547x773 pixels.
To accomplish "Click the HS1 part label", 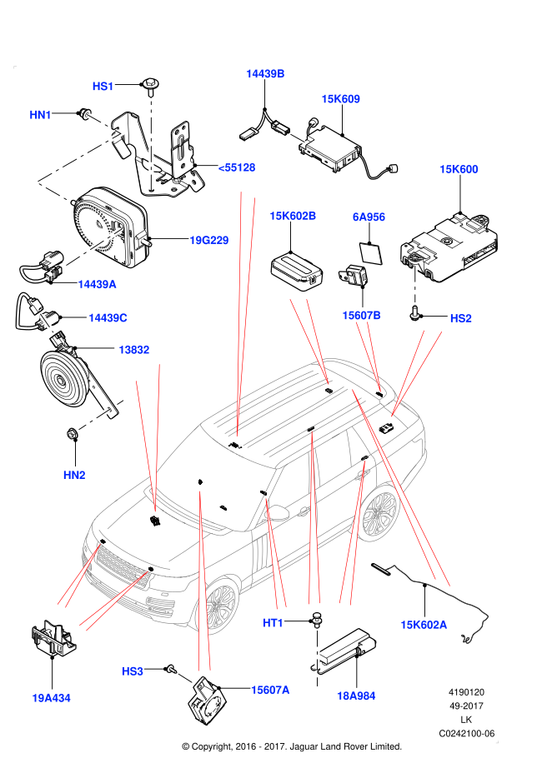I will tap(103, 87).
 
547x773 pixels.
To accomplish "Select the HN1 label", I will tap(40, 115).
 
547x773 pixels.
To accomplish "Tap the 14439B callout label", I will tap(265, 74).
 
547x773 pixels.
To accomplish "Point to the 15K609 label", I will tap(340, 99).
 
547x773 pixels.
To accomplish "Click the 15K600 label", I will tap(459, 169).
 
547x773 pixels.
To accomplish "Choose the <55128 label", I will tap(237, 167).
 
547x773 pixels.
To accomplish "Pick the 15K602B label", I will tap(293, 216).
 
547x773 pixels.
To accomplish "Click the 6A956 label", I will tap(369, 217).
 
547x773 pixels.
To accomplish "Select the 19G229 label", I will tap(208, 241).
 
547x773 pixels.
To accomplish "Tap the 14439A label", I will tap(97, 284).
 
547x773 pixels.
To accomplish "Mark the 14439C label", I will tap(108, 317).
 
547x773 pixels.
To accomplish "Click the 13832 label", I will tap(133, 350).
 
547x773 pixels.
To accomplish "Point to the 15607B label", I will tap(361, 316).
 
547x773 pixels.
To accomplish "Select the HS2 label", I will tap(461, 318).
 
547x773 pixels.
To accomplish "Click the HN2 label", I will tap(74, 475).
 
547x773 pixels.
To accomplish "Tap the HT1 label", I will tap(273, 623).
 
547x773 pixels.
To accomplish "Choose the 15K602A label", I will tap(424, 625).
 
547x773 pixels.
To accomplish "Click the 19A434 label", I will tap(51, 698).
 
